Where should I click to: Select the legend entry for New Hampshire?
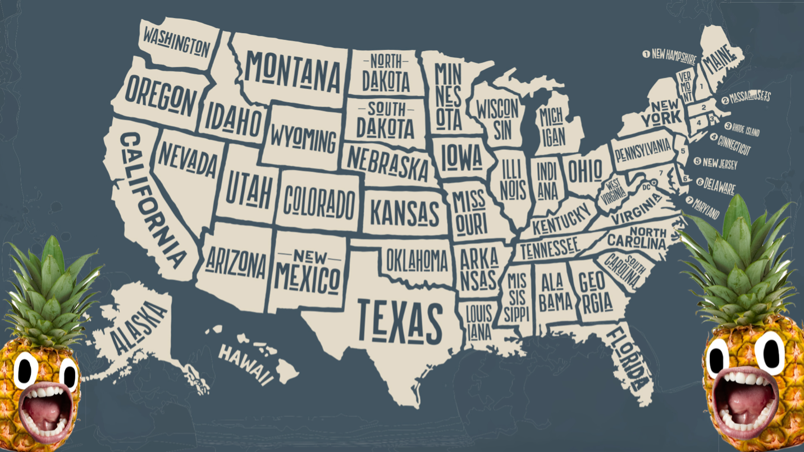pos(669,56)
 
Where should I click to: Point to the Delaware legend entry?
pos(715,185)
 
